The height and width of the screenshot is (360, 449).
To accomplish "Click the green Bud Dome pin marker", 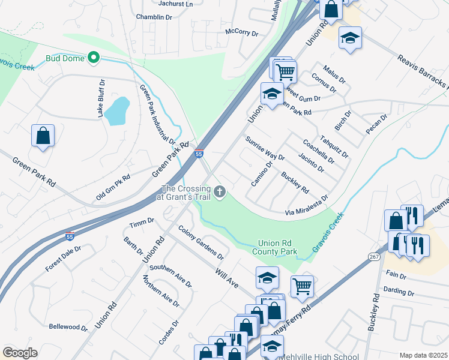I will pos(93,58).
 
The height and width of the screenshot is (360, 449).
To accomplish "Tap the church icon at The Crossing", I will pos(220,193).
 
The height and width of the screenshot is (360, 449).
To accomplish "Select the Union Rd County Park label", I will pos(277,247).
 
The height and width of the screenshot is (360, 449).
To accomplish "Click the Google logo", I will pos(20,352).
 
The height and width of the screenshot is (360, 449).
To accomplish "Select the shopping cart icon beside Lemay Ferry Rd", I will pos(302,286).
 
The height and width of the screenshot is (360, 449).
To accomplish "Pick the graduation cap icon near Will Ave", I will pos(267,277).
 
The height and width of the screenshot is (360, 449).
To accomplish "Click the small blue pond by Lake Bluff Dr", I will pos(116,109).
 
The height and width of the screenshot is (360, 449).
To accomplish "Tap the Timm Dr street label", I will pos(142,223).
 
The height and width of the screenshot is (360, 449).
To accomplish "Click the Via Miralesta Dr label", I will pos(306,206).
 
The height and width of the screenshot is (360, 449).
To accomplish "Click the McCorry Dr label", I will pos(241,31).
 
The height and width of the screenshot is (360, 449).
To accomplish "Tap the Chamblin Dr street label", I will pos(154,17).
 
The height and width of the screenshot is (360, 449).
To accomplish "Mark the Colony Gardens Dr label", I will pos(200,242).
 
